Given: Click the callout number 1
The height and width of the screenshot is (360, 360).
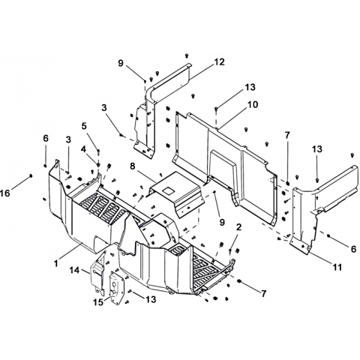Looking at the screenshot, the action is click(56, 263).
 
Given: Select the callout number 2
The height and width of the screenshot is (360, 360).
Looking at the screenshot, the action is click(238, 227).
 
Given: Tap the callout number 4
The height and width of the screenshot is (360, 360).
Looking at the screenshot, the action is click(83, 149).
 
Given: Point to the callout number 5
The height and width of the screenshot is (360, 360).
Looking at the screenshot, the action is click(84, 126).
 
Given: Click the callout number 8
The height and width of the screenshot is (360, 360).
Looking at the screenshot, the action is click(133, 166).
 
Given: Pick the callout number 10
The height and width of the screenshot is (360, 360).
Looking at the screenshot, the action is click(253, 104).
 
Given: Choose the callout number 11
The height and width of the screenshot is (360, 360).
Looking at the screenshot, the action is click(337, 267).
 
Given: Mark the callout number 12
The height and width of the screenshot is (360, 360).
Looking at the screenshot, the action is click(219, 61).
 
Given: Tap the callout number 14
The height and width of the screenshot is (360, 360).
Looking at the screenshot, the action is click(74, 270).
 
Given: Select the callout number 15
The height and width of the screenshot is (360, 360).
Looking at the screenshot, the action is click(98, 302).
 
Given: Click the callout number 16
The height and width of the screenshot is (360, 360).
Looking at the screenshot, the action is click(5, 193).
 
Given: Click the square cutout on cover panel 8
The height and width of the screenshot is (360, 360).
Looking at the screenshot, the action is click(168, 190).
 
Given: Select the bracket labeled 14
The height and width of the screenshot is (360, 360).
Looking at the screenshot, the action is click(97, 274).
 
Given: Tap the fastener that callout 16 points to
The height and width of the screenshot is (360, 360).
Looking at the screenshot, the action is click(31, 175).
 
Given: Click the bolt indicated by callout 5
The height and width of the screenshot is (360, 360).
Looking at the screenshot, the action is click(98, 151).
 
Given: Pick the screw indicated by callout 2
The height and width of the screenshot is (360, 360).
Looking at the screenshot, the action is click(230, 250).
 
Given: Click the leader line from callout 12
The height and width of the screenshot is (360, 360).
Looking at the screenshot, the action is click(202, 72).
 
